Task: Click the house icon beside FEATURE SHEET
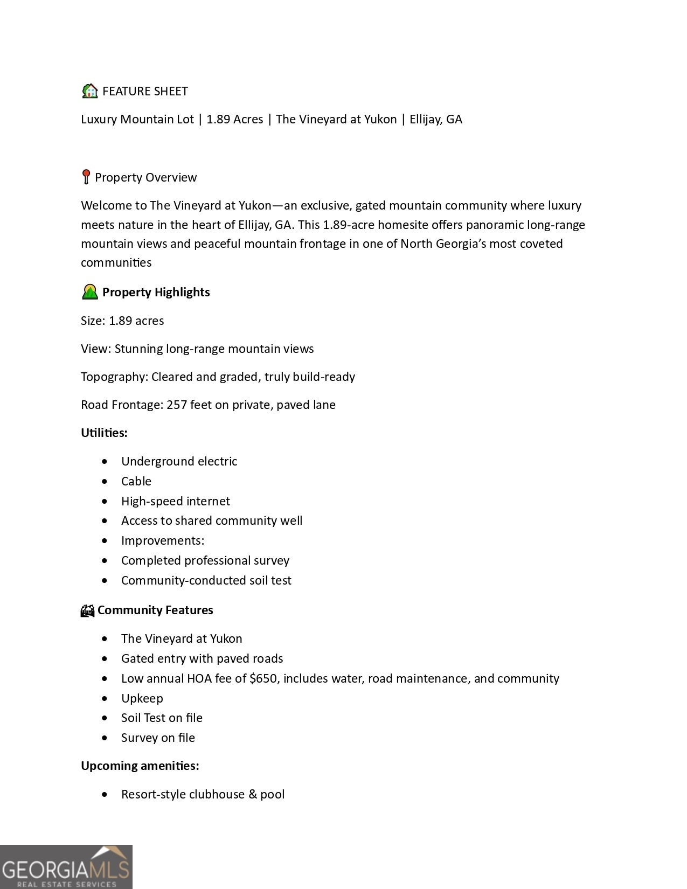click(x=89, y=91)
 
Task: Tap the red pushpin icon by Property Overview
click(x=86, y=177)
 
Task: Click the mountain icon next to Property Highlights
click(x=89, y=292)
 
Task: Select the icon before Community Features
click(x=87, y=610)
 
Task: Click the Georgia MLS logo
click(x=66, y=866)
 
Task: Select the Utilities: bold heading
click(x=104, y=433)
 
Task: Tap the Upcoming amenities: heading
click(x=140, y=766)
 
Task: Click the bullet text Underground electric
click(x=179, y=461)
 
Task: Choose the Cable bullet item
click(x=136, y=481)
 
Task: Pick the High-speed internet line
click(x=175, y=501)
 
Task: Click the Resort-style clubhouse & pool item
click(x=203, y=794)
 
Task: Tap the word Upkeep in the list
click(x=142, y=698)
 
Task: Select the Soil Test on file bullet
click(x=162, y=718)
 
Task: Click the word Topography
click(x=114, y=377)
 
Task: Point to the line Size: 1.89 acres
click(x=122, y=321)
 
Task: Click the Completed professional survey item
click(x=205, y=560)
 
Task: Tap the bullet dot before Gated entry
click(x=104, y=658)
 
